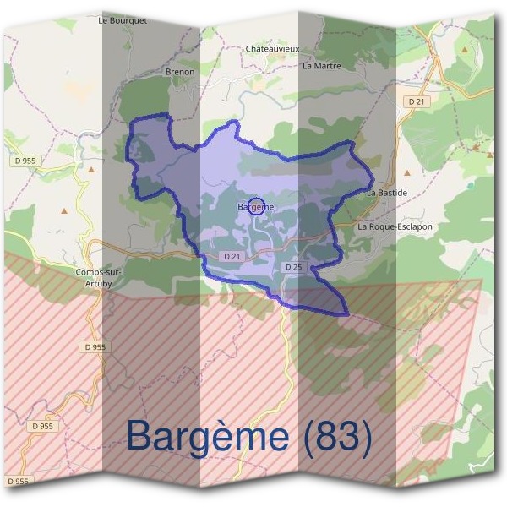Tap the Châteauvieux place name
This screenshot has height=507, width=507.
272,49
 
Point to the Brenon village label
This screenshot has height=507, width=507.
180,72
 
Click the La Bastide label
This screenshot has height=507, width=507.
387,193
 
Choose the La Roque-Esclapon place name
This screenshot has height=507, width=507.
395,226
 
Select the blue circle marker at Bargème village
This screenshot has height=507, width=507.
259,205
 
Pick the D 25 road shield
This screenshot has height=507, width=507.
293,267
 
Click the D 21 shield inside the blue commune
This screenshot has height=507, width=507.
232,256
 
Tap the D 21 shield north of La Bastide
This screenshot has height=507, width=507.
417,101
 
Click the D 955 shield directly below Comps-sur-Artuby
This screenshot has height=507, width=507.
96,346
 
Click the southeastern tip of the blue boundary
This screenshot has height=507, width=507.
346,313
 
